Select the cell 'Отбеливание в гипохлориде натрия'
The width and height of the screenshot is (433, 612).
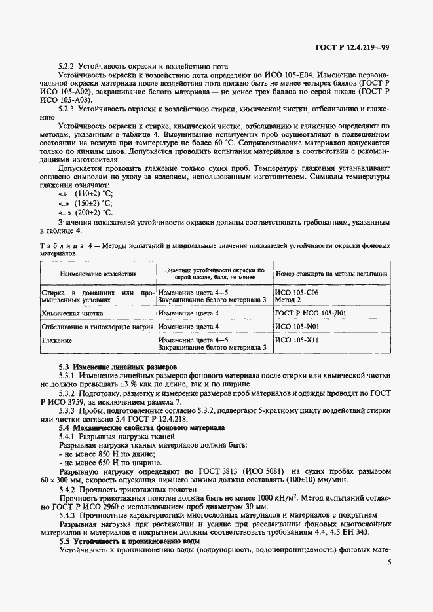point(98,326)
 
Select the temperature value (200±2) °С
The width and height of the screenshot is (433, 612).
point(93,213)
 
